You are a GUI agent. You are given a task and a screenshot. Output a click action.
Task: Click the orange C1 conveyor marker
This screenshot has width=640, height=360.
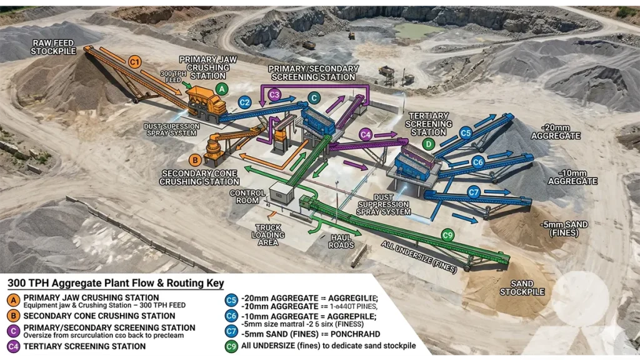[134, 61]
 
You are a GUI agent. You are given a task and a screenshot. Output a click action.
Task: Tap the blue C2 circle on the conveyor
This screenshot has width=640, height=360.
[245, 102]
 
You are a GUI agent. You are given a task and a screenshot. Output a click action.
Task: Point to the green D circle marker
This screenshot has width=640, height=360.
[428, 144]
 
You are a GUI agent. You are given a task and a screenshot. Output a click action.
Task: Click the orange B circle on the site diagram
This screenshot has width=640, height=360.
[195, 160]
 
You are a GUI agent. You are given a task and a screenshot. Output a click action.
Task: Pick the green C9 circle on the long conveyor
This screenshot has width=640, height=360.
[447, 235]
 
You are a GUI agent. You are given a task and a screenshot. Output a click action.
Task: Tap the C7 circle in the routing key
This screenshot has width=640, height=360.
[231, 331]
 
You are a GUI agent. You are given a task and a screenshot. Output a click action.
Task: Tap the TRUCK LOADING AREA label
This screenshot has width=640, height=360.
[267, 235]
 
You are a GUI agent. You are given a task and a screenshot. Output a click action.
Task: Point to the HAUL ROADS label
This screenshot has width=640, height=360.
[341, 241]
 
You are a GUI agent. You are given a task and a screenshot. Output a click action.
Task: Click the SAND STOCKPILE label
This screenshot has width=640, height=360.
[522, 287]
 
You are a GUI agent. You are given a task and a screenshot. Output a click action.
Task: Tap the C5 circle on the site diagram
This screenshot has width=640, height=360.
[465, 132]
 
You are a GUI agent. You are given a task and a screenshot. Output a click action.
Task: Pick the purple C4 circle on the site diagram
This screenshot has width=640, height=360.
[366, 134]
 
